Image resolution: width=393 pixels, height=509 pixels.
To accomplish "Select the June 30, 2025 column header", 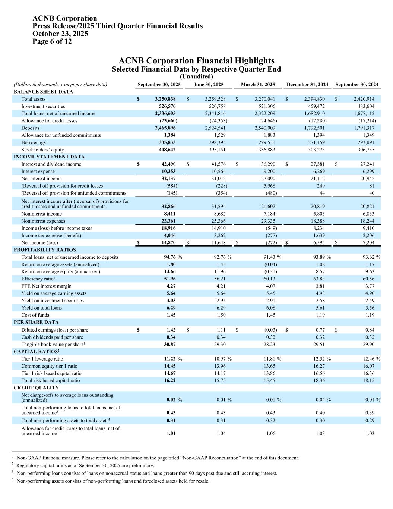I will click(208, 85).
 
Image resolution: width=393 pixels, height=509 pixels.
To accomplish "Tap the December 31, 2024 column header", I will click(307, 85).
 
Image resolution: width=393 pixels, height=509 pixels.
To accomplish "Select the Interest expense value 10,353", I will click(168, 172).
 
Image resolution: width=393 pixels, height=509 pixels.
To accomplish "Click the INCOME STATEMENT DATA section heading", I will click(49, 157).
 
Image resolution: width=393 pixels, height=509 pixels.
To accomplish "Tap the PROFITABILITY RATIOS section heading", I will click(45, 250).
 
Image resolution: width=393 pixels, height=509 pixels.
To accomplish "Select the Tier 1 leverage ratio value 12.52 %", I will click(322, 359).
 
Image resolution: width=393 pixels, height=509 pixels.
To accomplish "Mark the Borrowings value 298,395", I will click(216, 142).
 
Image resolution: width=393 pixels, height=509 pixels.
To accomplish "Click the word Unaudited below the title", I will click(196, 76).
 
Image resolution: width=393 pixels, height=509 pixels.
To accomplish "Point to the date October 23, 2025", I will click(60, 34).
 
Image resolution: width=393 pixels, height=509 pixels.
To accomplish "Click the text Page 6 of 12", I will click(52, 41).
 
